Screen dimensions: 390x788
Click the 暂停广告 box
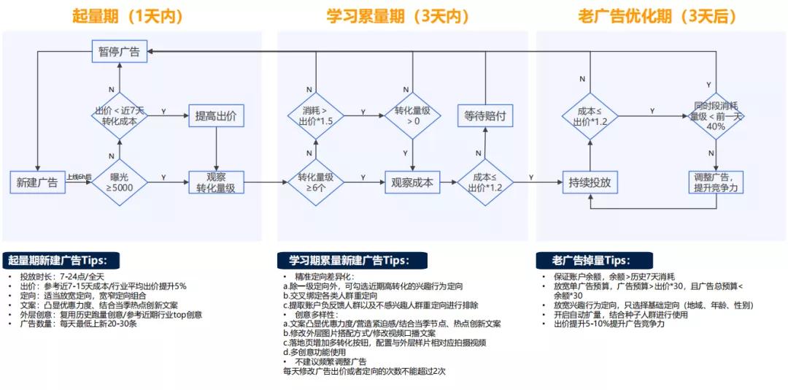pyautogui.click(x=120, y=51)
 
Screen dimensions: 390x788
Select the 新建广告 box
pyautogui.click(x=36, y=182)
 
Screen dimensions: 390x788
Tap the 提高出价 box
pyautogui.click(x=216, y=115)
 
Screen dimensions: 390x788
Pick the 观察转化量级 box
pyautogui.click(x=216, y=182)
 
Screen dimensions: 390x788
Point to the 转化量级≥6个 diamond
pyautogui.click(x=315, y=182)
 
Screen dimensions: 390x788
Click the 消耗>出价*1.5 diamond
pyautogui.click(x=315, y=115)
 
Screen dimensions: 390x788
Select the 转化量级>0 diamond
pyautogui.click(x=413, y=115)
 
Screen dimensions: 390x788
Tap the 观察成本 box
pyautogui.click(x=413, y=182)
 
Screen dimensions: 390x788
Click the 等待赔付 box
pyautogui.click(x=485, y=115)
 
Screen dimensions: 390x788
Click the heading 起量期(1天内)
pyautogui.click(x=128, y=16)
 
